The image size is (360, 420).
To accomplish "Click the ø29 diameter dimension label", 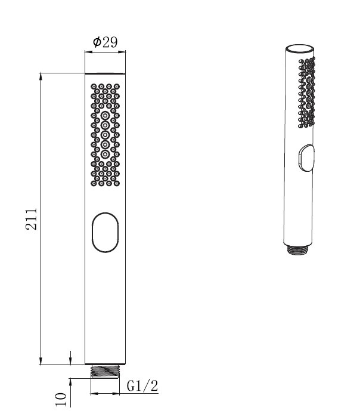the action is tap(105, 42).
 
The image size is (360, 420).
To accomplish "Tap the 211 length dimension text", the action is tap(32, 219).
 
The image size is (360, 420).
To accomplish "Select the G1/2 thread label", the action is tap(142, 386).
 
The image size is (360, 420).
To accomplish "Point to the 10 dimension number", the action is tap(61, 399).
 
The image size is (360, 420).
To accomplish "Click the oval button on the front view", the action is tap(105, 233).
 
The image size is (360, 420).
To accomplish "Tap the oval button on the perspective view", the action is tap(306, 157).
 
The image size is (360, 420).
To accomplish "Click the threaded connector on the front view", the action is tap(105, 371).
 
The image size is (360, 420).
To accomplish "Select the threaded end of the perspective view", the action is tap(297, 250).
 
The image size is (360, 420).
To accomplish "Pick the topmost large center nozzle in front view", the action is tap(105, 116).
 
